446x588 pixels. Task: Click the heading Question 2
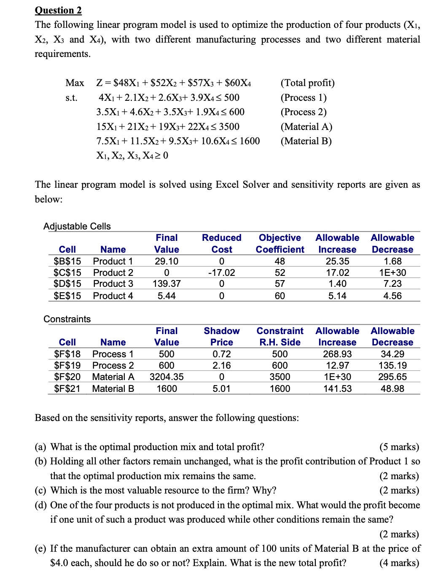coord(58,10)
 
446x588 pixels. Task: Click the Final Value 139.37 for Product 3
coord(167,284)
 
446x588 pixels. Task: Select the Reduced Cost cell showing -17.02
coord(221,272)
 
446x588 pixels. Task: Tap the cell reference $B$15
coord(67,261)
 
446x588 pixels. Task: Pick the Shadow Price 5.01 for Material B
coord(221,388)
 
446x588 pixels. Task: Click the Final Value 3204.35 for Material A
coord(167,377)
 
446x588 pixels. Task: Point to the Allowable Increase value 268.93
coord(337,354)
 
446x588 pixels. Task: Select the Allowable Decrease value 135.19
coord(392,365)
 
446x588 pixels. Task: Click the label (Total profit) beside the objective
coord(308,83)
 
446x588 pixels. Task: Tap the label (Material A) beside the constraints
coord(306,127)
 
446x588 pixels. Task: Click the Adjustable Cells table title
coord(77,226)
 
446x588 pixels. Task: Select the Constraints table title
coord(67,319)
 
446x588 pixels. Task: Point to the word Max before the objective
coord(75,83)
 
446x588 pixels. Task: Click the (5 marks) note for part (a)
coord(399,447)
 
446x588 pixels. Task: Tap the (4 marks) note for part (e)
coord(399,563)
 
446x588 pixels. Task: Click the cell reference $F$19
coord(67,365)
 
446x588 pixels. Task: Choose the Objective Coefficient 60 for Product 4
coord(279,296)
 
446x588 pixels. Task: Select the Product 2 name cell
coord(113,272)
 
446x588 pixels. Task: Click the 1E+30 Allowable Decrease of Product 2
coord(392,272)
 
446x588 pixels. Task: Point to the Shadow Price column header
coord(221,337)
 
